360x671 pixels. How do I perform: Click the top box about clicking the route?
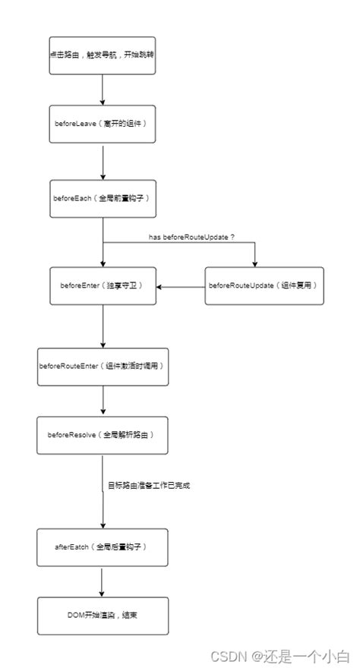pos(103,55)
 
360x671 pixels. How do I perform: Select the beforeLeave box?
pos(103,124)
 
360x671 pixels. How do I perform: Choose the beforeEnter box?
pos(103,286)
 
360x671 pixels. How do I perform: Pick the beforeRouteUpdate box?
pos(254,286)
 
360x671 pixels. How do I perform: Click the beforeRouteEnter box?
pos(103,367)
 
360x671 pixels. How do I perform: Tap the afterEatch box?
pos(103,547)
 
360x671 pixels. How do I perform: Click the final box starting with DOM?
pos(103,616)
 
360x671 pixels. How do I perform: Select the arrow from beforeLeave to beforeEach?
pos(103,160)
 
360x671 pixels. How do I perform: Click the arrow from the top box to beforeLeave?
pos(103,90)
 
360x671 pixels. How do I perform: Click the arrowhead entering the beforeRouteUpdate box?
pos(254,263)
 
